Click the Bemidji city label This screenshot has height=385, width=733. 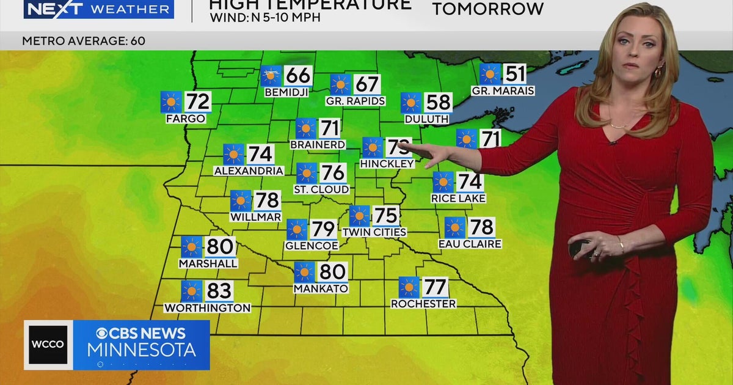[286, 92]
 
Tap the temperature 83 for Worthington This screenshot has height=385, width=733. [219, 291]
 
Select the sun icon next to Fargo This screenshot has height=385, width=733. [172, 101]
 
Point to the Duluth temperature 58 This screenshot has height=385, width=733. [439, 102]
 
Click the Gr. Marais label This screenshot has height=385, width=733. [503, 90]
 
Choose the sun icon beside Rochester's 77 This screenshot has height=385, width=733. [409, 287]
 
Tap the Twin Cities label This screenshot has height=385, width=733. [374, 232]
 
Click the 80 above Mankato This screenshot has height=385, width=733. [332, 272]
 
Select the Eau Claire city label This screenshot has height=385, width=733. [470, 244]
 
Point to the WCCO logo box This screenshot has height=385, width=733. [48, 345]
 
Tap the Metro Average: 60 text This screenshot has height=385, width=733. [84, 41]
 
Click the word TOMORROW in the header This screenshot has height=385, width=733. [487, 9]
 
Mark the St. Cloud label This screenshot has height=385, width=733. [321, 189]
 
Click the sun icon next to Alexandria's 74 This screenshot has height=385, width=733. [233, 154]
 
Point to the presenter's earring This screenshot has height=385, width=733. [659, 71]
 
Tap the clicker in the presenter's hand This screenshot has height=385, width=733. [578, 248]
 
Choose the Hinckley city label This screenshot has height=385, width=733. [387, 164]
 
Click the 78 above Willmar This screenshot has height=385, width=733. [268, 200]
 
